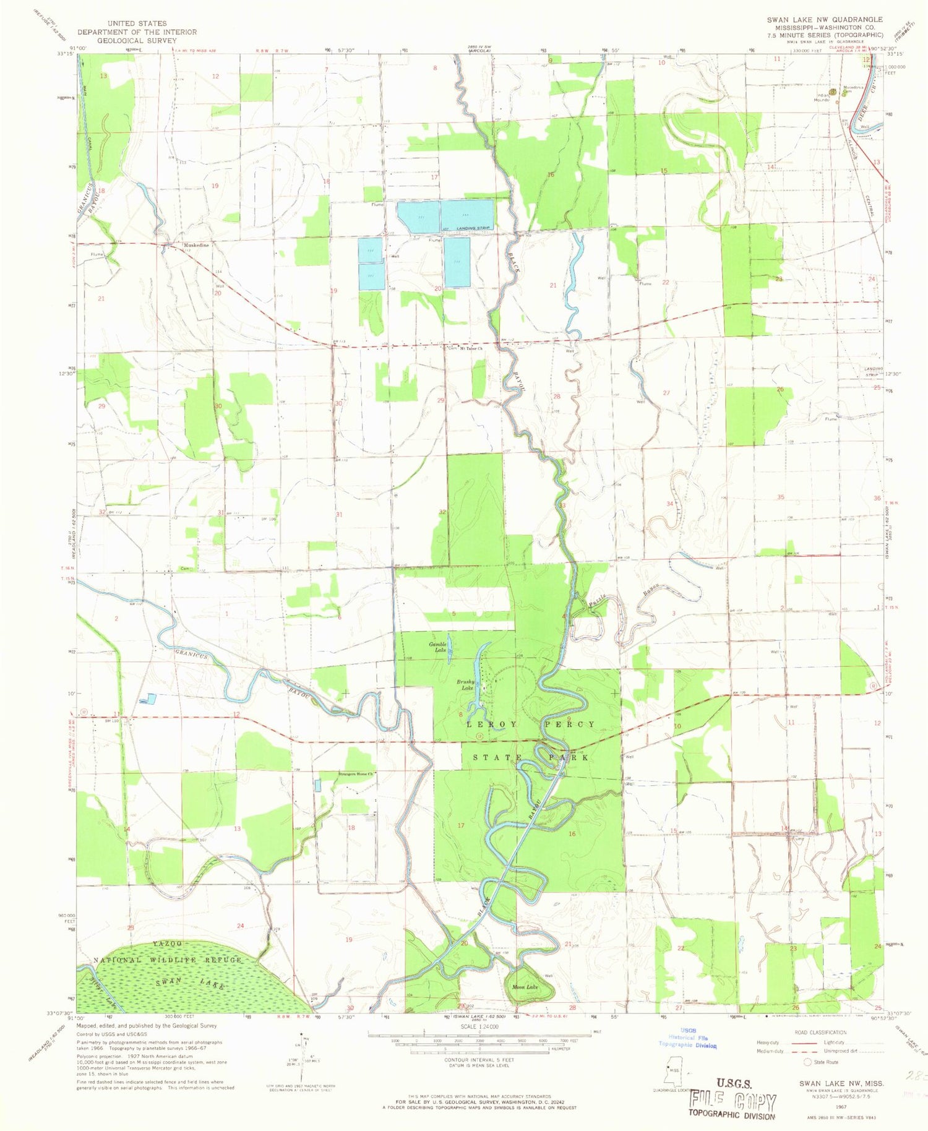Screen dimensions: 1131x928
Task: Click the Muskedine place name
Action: point(195,246)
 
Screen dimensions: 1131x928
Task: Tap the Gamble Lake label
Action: point(438,647)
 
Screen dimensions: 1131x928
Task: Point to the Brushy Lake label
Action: point(465,684)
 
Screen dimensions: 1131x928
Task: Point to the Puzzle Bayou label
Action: point(619,595)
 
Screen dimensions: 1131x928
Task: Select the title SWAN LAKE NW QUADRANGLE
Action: point(825,20)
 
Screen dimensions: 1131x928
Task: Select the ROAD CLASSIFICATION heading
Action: point(820,1033)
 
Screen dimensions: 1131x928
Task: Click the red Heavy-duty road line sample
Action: point(796,1043)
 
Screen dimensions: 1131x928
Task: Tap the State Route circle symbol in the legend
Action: point(807,1062)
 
